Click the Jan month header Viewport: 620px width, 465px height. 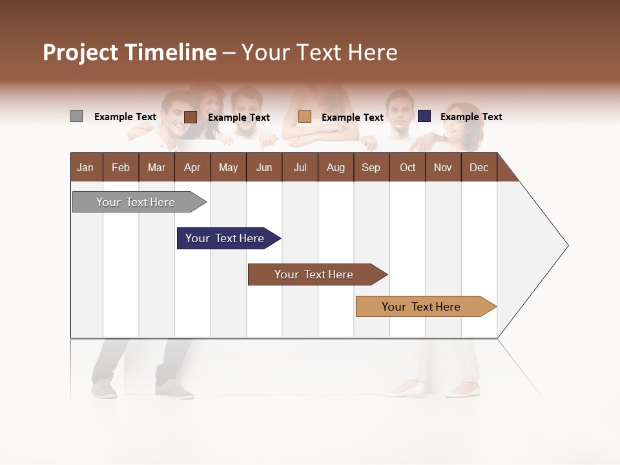[x=85, y=167]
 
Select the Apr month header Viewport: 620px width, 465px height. [x=192, y=167]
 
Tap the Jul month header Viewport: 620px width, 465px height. [x=300, y=167]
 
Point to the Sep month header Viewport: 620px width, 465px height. [x=371, y=167]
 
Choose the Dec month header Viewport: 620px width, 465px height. [x=479, y=167]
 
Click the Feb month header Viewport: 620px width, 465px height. [x=121, y=167]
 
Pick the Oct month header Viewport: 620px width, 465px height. [x=408, y=167]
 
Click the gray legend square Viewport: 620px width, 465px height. [x=76, y=116]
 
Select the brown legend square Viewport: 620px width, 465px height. [x=190, y=117]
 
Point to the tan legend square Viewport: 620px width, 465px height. [x=305, y=117]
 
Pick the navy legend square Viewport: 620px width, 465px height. [x=424, y=116]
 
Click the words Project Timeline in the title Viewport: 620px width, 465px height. [x=130, y=52]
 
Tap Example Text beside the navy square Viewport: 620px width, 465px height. [x=471, y=117]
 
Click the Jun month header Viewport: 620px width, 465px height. [x=264, y=167]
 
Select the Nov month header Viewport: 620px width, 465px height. [x=443, y=167]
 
